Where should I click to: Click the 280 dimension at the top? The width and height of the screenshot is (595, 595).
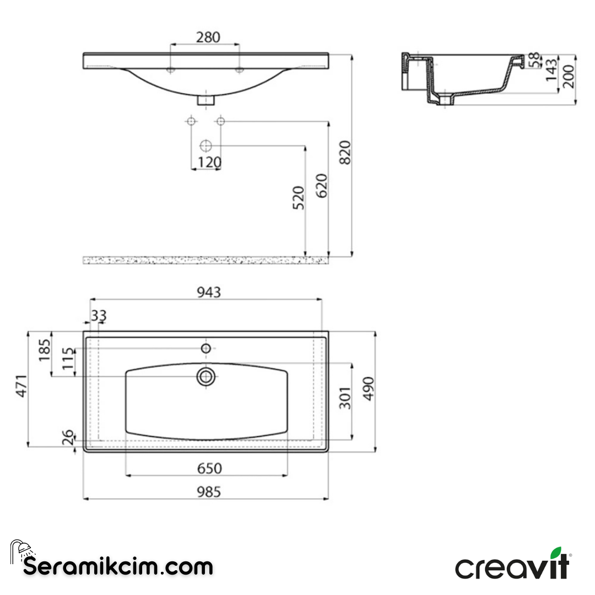coord(208,37)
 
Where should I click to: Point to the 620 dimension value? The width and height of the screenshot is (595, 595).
coord(322,186)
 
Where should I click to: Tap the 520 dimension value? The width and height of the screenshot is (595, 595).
coord(298,198)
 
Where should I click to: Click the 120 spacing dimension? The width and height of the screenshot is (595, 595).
coord(209,163)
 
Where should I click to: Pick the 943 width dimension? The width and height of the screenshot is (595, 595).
coord(209,292)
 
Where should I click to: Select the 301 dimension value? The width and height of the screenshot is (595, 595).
coord(345,397)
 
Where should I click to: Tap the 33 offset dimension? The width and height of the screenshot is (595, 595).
coord(99,316)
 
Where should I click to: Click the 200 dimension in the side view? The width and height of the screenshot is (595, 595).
coord(569,76)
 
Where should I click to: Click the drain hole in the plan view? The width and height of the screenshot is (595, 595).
coord(206,376)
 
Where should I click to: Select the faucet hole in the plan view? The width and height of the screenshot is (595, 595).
coord(206,348)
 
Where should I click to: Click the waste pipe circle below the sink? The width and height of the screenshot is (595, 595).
coord(205,146)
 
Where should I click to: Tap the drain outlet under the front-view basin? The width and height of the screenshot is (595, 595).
coord(206,100)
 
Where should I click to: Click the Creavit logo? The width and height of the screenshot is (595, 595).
coord(513,565)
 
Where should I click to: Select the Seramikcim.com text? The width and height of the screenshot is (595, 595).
coord(118,566)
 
